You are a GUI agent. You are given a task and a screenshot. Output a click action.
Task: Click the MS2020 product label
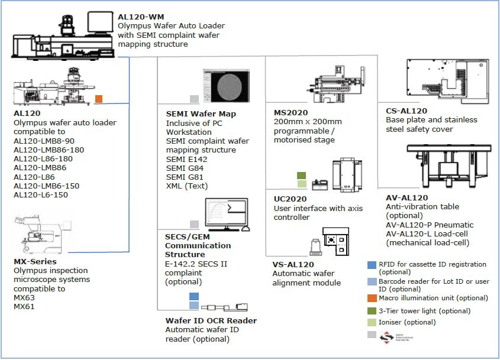[291, 112]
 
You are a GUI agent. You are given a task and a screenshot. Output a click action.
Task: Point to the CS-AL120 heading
[406, 111]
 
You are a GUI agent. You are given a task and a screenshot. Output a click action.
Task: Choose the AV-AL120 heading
[407, 197]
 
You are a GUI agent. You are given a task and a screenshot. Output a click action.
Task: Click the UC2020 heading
[289, 199]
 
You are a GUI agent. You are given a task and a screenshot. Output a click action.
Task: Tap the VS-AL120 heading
[293, 264]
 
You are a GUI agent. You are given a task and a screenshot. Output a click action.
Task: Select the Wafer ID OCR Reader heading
[211, 320]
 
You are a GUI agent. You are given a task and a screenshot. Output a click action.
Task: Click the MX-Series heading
[35, 261]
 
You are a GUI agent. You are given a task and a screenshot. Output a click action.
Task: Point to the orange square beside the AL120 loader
[99, 99]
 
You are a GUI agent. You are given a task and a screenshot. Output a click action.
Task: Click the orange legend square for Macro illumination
[371, 298]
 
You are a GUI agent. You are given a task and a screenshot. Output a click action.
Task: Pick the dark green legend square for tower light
[371, 311]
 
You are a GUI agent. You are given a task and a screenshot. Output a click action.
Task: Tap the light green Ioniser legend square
[371, 322]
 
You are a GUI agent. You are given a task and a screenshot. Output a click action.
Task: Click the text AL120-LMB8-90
[44, 141]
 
